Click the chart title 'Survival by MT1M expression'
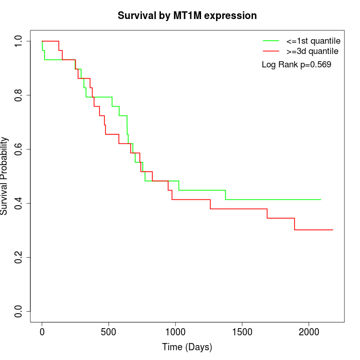[187, 15]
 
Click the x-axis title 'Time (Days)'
[187, 347]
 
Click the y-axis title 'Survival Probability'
[5, 176]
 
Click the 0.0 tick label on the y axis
[19, 311]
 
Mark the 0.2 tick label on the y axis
[19, 257]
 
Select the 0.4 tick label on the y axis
[19, 203]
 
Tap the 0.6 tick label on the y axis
[19, 149]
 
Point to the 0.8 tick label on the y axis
[19, 95]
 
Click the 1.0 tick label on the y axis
[19, 41]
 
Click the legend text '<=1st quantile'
[313, 40]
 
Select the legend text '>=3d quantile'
[312, 51]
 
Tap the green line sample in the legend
[271, 40]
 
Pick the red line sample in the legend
[271, 51]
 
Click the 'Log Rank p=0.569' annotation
[297, 65]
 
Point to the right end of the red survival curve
[333, 230]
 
